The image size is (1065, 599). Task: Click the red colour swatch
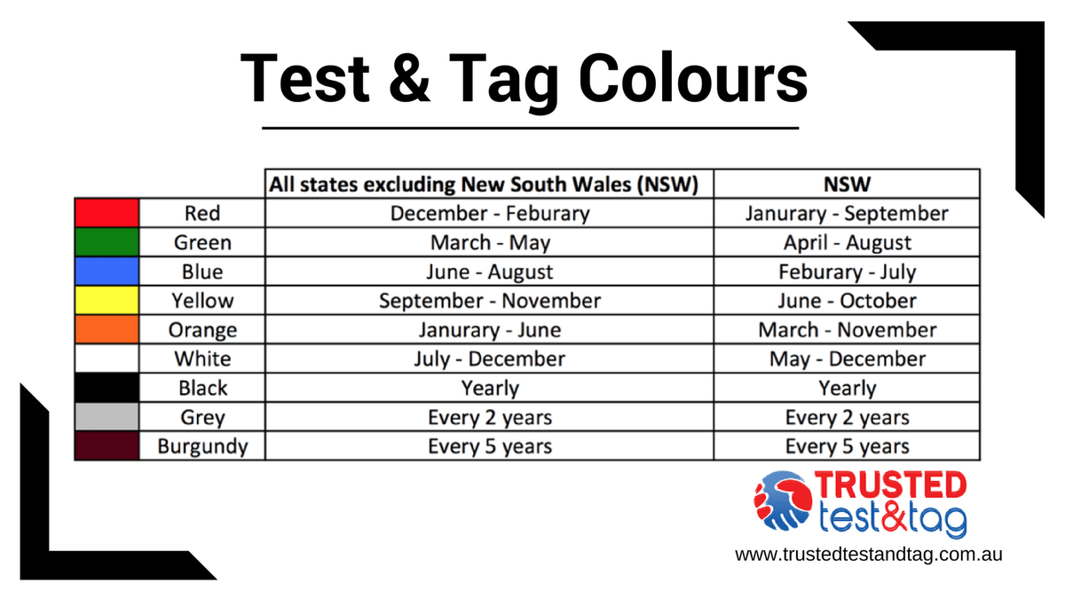(106, 213)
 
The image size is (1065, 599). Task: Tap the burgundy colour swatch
(106, 446)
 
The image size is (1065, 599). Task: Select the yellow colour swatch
(106, 301)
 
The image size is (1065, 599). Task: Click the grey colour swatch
(106, 417)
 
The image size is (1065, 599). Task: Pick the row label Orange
(202, 330)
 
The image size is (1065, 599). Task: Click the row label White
(202, 359)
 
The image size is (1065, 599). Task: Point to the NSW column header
(847, 184)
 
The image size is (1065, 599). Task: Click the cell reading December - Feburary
(489, 213)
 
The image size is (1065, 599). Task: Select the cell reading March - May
(489, 242)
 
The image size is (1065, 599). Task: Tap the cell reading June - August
(489, 272)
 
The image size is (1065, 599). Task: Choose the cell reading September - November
(489, 301)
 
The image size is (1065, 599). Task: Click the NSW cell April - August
(847, 242)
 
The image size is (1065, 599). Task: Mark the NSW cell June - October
(847, 301)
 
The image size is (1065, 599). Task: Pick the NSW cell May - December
(847, 359)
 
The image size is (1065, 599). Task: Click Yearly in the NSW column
(847, 388)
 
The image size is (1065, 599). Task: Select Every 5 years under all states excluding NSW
(489, 446)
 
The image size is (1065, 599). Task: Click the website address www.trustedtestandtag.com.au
(869, 554)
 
